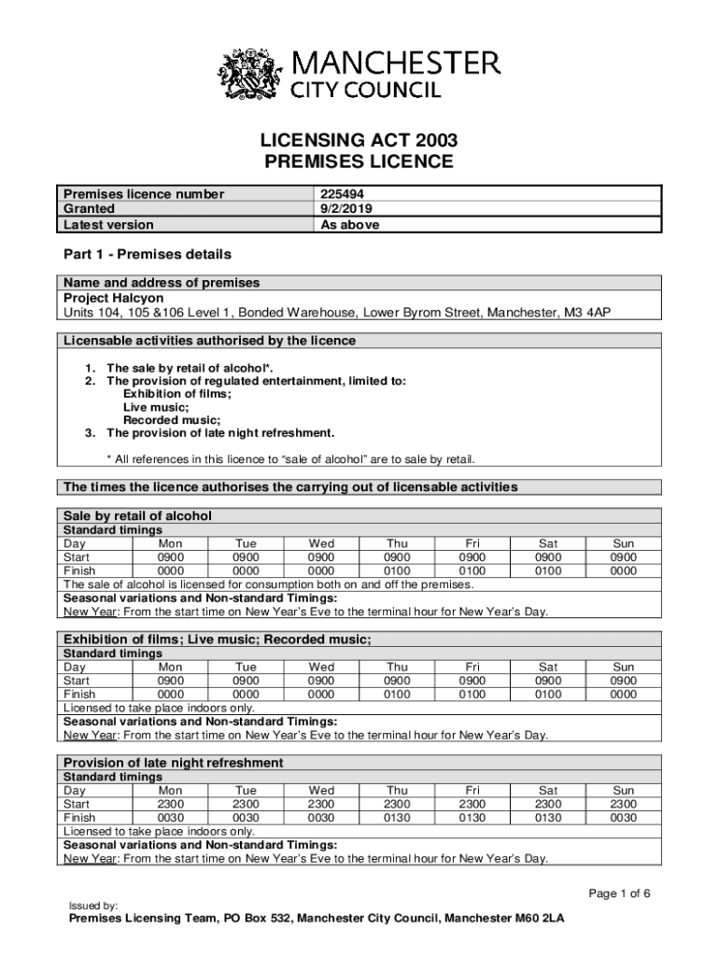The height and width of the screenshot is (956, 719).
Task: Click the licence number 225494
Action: [x=343, y=194]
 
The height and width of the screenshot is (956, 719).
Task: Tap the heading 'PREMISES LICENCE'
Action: [x=359, y=162]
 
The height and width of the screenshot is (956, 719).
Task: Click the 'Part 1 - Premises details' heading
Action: [x=147, y=254]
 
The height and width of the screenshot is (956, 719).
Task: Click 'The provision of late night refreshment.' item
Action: [x=220, y=433]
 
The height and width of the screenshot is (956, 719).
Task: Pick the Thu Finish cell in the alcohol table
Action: [x=397, y=570]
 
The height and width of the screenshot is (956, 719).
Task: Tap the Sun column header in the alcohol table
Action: [x=623, y=543]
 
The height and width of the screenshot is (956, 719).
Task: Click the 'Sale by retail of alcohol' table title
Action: [x=137, y=515]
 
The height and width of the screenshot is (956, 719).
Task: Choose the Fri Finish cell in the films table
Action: [x=472, y=695]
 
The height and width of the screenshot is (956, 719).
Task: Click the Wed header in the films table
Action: [x=321, y=668]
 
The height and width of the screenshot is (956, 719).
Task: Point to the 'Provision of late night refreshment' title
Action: [x=173, y=763]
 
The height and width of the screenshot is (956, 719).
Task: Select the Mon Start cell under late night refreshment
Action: [x=171, y=804]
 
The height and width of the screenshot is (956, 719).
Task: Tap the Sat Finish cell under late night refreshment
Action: [x=548, y=818]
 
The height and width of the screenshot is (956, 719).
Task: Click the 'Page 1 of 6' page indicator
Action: [x=619, y=893]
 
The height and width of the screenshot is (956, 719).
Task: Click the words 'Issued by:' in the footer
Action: [x=93, y=906]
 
